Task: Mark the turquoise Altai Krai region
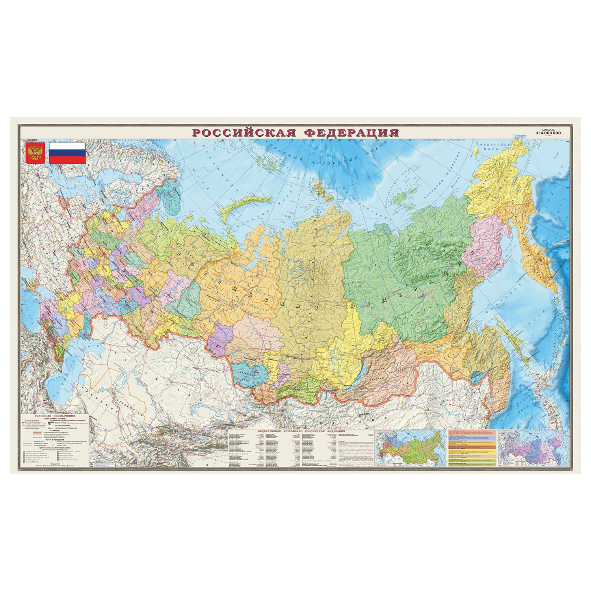point(248,374)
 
